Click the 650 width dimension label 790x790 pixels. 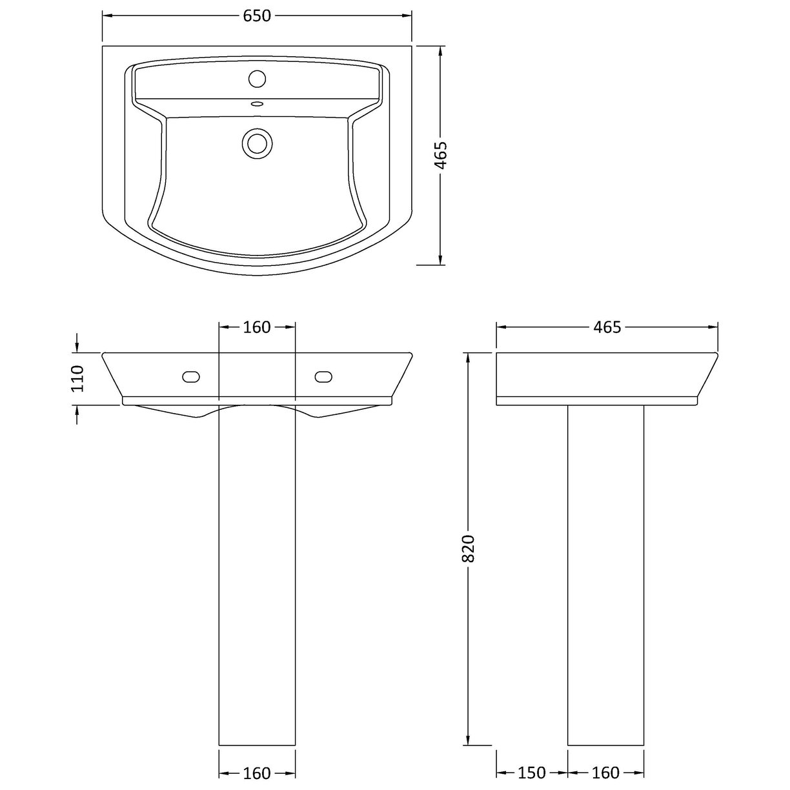257,16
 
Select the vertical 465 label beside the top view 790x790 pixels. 441,155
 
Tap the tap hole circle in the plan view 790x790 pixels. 257,79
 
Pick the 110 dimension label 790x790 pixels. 78,379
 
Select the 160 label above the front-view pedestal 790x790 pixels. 257,327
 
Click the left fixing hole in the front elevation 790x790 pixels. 192,376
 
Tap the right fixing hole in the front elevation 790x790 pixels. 323,376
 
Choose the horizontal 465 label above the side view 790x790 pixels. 607,327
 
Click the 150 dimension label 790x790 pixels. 532,773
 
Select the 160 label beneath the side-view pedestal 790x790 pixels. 605,773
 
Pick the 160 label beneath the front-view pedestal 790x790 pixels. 257,773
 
